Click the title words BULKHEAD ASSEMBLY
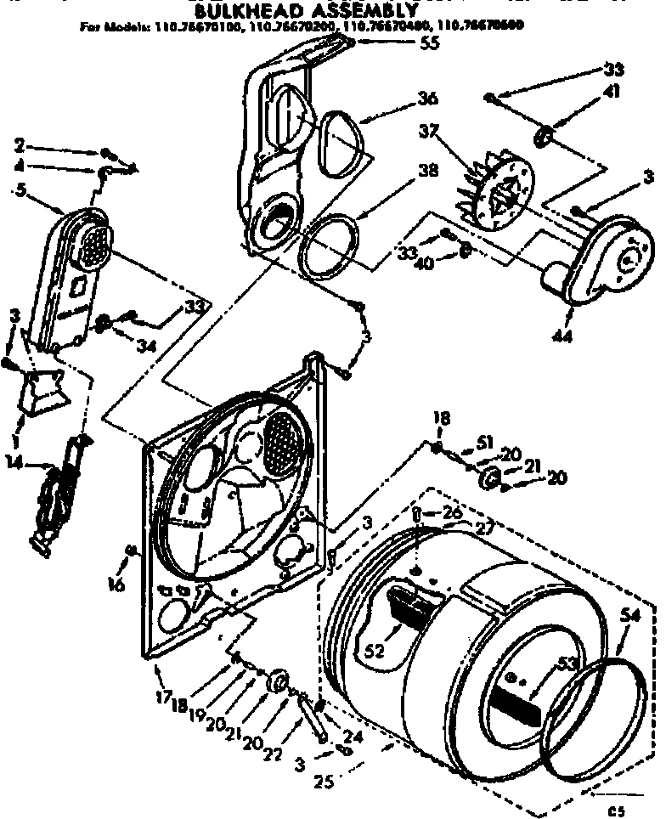[x=307, y=11]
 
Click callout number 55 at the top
[x=430, y=43]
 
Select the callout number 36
[x=427, y=99]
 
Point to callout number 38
[x=428, y=170]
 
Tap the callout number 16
[x=116, y=584]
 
